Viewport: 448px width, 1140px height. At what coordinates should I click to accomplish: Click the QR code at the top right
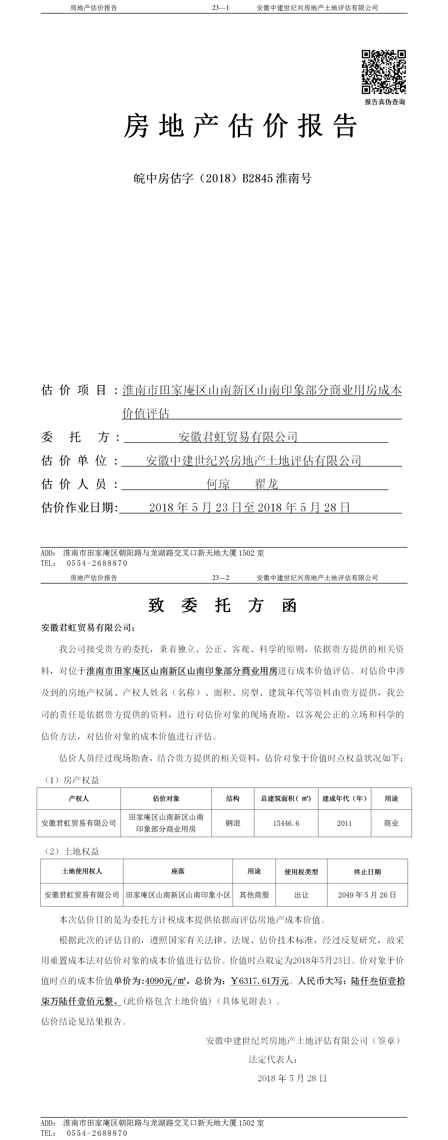tap(383, 72)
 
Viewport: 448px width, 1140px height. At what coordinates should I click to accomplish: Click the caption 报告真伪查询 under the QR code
tap(384, 102)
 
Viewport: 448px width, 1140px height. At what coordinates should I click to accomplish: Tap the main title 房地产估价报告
tap(240, 126)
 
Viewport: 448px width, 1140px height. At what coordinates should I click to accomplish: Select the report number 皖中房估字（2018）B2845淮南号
tap(222, 178)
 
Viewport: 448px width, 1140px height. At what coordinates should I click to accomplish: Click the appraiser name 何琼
tap(218, 484)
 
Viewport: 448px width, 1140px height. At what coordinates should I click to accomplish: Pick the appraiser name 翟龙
tap(266, 484)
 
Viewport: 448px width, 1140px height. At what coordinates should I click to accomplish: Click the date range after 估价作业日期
tap(250, 508)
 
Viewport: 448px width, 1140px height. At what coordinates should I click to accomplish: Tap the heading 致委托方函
tap(222, 605)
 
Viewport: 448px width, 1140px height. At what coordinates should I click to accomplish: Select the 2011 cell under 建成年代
tap(344, 823)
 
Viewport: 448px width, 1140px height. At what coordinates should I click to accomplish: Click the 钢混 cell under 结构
tap(233, 823)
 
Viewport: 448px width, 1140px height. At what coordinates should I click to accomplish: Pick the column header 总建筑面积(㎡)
tap(286, 798)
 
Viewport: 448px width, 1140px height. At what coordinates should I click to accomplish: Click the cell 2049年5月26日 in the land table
tap(367, 895)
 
